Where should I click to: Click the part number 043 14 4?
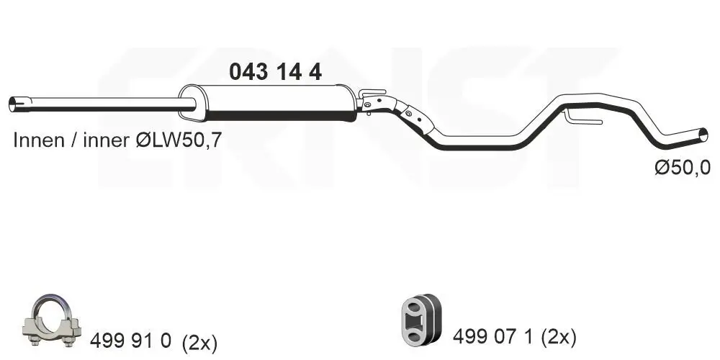pos(274,71)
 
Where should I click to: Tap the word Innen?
pos(37,141)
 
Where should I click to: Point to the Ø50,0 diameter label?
pos(682,168)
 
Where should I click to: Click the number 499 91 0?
pos(130,341)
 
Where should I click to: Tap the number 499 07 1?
pos(494,336)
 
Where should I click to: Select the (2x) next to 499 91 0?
pos(199,341)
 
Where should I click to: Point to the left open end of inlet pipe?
pos(14,104)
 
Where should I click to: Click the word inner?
pos(107,141)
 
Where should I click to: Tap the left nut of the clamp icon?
pos(33,333)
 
